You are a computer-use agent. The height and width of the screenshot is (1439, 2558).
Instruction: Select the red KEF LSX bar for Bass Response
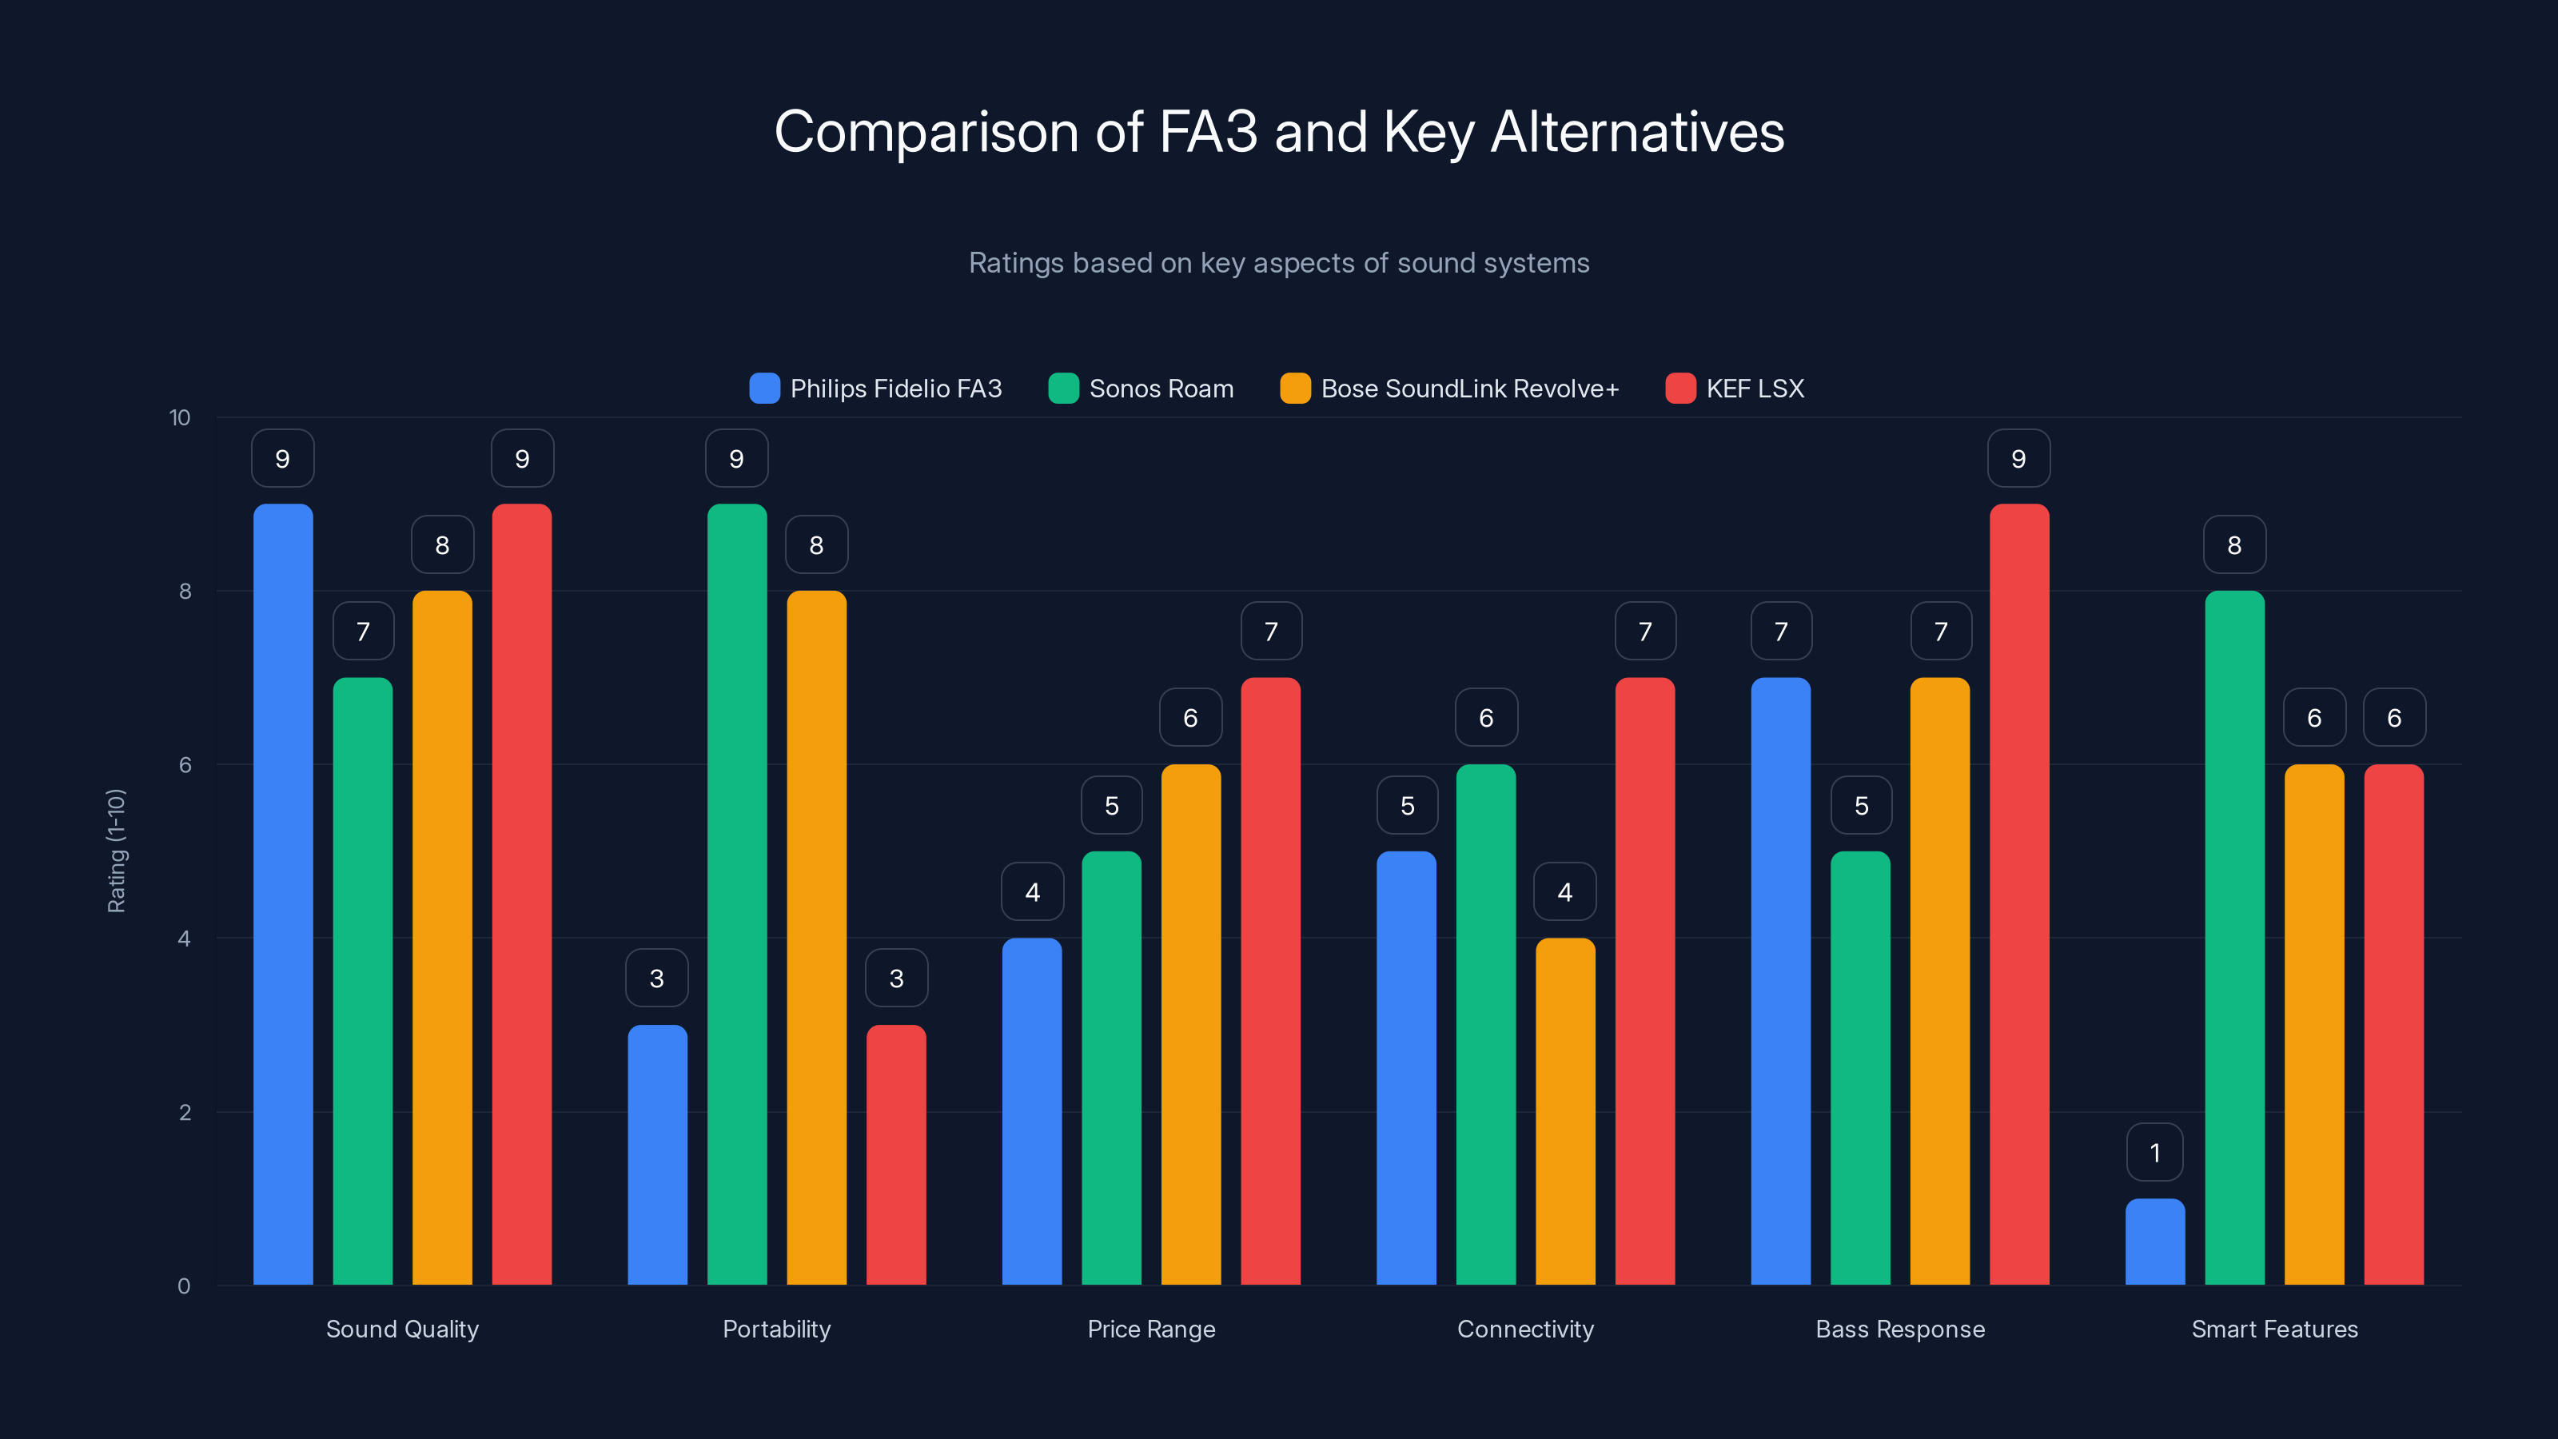[2018, 894]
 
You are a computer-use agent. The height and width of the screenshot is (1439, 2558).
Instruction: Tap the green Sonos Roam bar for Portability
[737, 894]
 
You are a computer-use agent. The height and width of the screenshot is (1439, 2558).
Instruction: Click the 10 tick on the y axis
[180, 417]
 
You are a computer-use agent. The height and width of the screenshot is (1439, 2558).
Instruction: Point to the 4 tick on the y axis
[184, 939]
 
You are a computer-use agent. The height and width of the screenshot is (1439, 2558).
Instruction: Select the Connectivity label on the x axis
[1525, 1329]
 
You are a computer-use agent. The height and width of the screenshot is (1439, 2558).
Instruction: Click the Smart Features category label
[2274, 1329]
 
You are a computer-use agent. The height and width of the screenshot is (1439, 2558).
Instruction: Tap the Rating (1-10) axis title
[116, 851]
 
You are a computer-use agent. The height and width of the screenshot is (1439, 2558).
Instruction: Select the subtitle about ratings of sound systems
[1279, 263]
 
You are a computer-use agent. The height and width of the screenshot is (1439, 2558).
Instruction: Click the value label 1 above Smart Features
[2155, 1152]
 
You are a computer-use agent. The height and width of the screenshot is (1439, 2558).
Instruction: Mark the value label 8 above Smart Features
[2234, 544]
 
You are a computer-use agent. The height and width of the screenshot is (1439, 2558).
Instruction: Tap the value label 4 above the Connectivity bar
[1565, 892]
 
